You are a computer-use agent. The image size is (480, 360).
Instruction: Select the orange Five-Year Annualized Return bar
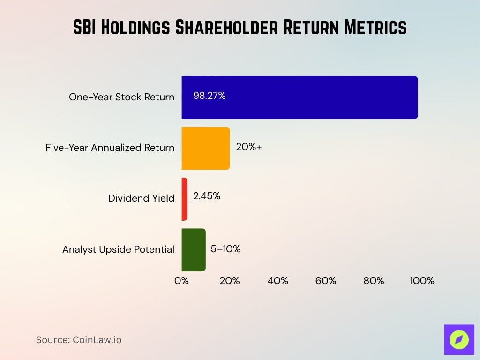(206, 148)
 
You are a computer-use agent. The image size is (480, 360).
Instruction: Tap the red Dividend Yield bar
(185, 199)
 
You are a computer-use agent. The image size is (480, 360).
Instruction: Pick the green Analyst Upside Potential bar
(194, 250)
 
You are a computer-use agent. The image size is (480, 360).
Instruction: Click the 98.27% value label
(209, 96)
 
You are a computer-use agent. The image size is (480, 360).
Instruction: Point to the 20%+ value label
(249, 146)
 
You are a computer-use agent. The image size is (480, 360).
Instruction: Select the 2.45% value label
(206, 196)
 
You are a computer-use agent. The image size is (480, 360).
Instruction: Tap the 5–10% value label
(225, 249)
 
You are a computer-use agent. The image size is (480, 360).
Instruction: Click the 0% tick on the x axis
(181, 281)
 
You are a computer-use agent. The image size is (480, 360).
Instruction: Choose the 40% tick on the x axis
(277, 281)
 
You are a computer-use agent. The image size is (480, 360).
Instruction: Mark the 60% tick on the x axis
(325, 281)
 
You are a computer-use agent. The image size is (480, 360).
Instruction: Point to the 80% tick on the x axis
(374, 281)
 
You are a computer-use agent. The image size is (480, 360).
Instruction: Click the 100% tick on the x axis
(422, 281)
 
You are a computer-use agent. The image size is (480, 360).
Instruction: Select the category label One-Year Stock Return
(121, 97)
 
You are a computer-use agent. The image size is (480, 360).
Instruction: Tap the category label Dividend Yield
(141, 198)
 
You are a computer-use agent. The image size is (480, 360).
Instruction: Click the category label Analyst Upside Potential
(118, 249)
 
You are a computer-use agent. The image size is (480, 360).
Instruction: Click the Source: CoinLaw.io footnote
(79, 340)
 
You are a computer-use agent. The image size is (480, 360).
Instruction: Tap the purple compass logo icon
(459, 339)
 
